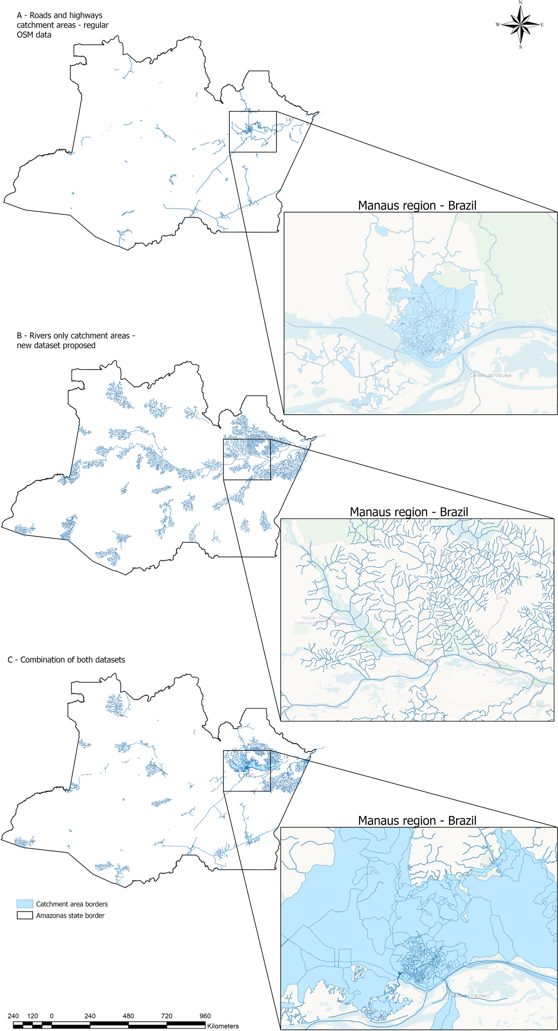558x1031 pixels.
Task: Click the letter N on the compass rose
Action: tap(520, 3)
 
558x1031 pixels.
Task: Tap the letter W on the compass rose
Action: tap(497, 25)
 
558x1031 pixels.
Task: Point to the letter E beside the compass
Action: tap(542, 25)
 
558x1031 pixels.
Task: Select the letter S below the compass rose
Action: tap(520, 47)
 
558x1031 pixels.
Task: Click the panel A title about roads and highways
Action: tap(62, 25)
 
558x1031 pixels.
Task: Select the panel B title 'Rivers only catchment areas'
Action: tap(75, 340)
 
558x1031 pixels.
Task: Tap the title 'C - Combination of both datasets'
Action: tap(66, 660)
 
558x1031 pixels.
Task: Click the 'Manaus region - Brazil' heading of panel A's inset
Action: tap(417, 206)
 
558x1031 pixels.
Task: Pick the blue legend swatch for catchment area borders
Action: tap(25, 904)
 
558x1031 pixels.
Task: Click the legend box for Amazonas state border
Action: tap(25, 915)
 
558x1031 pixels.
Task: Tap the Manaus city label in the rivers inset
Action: tap(428, 660)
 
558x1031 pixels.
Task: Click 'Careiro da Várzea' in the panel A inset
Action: tap(490, 375)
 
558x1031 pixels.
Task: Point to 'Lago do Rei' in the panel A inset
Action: tap(530, 360)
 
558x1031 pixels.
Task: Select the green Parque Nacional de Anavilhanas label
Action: tap(373, 639)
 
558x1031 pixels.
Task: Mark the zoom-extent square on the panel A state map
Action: tap(253, 132)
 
